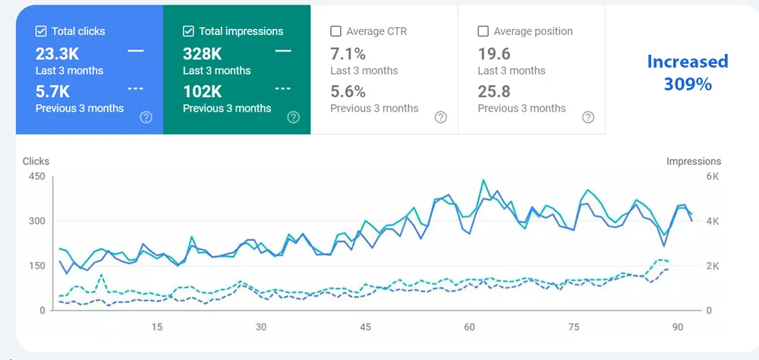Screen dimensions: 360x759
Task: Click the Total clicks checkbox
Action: (x=41, y=32)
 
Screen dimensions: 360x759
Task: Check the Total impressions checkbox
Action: (x=188, y=32)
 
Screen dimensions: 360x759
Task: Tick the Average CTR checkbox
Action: (x=335, y=32)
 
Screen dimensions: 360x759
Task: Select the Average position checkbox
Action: (x=483, y=32)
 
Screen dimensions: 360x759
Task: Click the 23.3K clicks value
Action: (x=58, y=53)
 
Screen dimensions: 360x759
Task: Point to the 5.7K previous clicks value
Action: (x=53, y=91)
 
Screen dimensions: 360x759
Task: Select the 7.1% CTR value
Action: (x=348, y=53)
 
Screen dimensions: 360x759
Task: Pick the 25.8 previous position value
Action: (x=494, y=91)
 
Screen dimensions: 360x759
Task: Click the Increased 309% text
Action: (x=687, y=72)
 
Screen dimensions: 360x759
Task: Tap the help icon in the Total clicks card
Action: (x=146, y=117)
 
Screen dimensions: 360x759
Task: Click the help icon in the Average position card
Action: (x=588, y=117)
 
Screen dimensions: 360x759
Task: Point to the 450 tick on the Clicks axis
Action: (x=36, y=176)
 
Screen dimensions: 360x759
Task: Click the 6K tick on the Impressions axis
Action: (x=713, y=176)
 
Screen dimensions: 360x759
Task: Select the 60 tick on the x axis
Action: (x=470, y=327)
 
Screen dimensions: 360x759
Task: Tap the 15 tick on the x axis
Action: (x=156, y=327)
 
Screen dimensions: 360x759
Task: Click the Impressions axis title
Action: (x=694, y=161)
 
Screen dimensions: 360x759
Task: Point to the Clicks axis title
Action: (x=36, y=161)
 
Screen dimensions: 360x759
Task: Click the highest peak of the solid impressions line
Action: (x=483, y=180)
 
